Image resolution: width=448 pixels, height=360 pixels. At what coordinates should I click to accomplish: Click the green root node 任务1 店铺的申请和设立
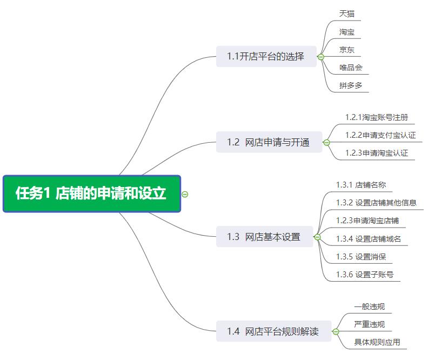[x=91, y=194]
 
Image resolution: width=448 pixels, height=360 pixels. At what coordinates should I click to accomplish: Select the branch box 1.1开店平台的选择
[x=266, y=56]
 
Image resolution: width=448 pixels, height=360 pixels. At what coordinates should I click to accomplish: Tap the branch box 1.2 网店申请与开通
[x=269, y=142]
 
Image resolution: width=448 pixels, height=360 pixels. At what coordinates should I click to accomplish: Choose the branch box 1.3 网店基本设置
[x=264, y=237]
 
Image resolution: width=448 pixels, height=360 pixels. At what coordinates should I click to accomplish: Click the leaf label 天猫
[x=347, y=14]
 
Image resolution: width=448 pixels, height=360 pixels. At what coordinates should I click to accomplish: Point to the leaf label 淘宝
[x=347, y=32]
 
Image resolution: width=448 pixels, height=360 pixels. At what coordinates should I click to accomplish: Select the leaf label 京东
[x=347, y=50]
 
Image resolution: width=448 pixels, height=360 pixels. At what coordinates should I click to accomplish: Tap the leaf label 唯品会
[x=351, y=68]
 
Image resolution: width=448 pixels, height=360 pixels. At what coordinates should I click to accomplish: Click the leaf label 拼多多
[x=351, y=85]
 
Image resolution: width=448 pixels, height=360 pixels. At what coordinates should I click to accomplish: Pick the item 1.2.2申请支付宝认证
[x=380, y=135]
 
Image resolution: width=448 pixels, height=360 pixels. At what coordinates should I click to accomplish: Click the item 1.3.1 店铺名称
[x=361, y=185]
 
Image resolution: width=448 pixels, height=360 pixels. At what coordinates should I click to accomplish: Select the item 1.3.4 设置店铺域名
[x=369, y=239]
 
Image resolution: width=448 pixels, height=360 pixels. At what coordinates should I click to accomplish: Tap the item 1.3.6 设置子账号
[x=365, y=275]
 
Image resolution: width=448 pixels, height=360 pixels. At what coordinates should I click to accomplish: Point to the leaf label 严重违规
[x=370, y=324]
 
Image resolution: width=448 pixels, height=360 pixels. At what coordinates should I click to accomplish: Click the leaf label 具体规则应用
[x=377, y=342]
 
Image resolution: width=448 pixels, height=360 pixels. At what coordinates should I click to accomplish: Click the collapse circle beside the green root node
[x=185, y=195]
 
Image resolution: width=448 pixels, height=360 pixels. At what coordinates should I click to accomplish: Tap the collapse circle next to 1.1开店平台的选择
[x=321, y=57]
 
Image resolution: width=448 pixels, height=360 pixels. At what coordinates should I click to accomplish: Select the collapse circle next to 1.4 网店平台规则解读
[x=336, y=331]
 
